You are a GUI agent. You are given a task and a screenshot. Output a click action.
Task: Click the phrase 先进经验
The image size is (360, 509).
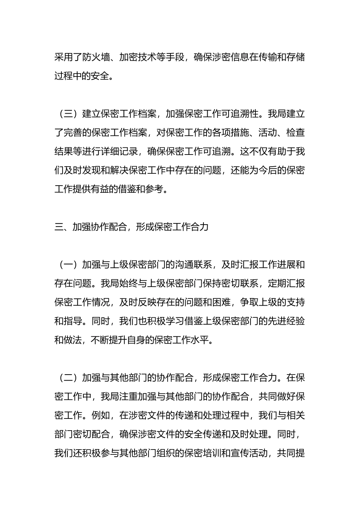286,321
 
